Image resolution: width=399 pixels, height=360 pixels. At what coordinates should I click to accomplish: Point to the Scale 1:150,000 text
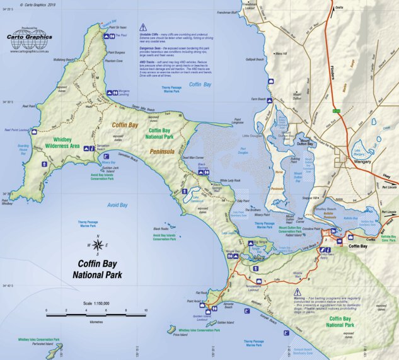tap(96, 303)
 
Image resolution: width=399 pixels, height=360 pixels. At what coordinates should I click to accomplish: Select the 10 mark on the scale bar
tap(146, 311)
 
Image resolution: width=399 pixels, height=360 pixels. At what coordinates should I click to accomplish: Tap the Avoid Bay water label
tap(117, 204)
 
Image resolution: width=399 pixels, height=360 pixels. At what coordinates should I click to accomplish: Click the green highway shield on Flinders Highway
tap(337, 111)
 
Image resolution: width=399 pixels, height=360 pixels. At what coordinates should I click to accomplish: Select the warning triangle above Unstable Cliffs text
tap(143, 28)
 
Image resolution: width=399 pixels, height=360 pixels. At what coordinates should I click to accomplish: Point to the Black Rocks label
tap(161, 229)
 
